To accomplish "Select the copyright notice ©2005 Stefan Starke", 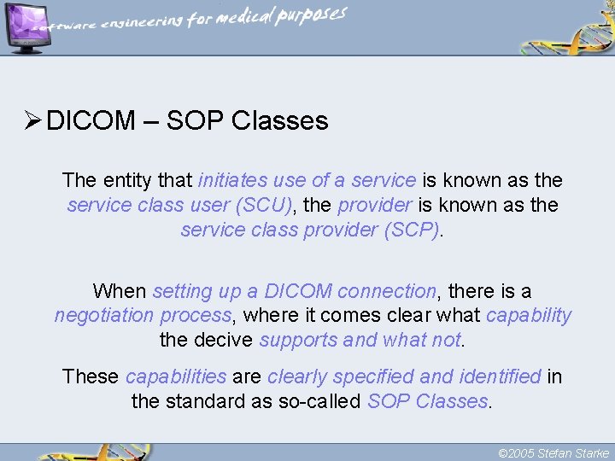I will pyautogui.click(x=553, y=453).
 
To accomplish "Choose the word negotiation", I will pyautogui.click(x=101, y=316).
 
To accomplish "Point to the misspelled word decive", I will pyautogui.click(x=225, y=341).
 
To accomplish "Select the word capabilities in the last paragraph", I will pyautogui.click(x=175, y=376).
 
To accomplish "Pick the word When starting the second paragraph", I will pyautogui.click(x=119, y=291).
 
